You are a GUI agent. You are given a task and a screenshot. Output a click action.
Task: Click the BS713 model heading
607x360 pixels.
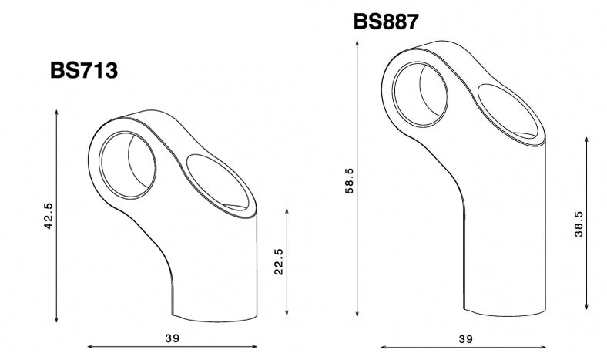point(84,71)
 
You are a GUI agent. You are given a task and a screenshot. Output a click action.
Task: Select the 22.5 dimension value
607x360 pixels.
point(279,261)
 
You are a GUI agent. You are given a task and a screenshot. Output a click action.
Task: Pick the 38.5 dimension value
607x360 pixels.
point(579,224)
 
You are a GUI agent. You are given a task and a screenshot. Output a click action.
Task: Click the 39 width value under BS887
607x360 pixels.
point(465,338)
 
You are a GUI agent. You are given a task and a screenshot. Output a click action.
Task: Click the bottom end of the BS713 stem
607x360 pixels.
point(213,315)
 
